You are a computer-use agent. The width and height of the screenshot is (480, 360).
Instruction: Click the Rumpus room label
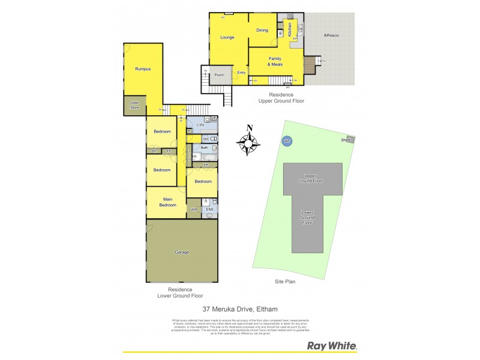click(x=142, y=69)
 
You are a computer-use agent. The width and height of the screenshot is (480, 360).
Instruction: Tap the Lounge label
click(x=227, y=37)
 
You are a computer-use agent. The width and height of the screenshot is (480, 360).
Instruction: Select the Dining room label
click(x=262, y=30)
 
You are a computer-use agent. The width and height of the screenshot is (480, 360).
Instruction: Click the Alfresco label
click(x=331, y=36)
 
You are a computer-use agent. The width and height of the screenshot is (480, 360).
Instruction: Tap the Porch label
click(x=220, y=75)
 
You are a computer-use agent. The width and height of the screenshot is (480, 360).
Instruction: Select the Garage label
click(x=181, y=252)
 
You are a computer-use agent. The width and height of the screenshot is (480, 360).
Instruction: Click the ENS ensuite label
click(x=209, y=209)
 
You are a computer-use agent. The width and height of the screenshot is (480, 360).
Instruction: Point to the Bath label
click(x=204, y=147)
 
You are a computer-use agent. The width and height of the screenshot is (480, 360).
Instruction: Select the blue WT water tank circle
click(x=286, y=141)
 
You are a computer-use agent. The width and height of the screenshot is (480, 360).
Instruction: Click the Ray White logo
click(x=332, y=346)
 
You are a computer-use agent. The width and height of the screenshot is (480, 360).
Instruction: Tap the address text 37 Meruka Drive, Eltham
click(x=239, y=310)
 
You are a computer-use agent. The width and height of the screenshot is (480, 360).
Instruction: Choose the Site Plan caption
click(x=286, y=281)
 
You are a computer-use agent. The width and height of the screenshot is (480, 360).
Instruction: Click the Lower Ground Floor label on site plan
click(x=307, y=218)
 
